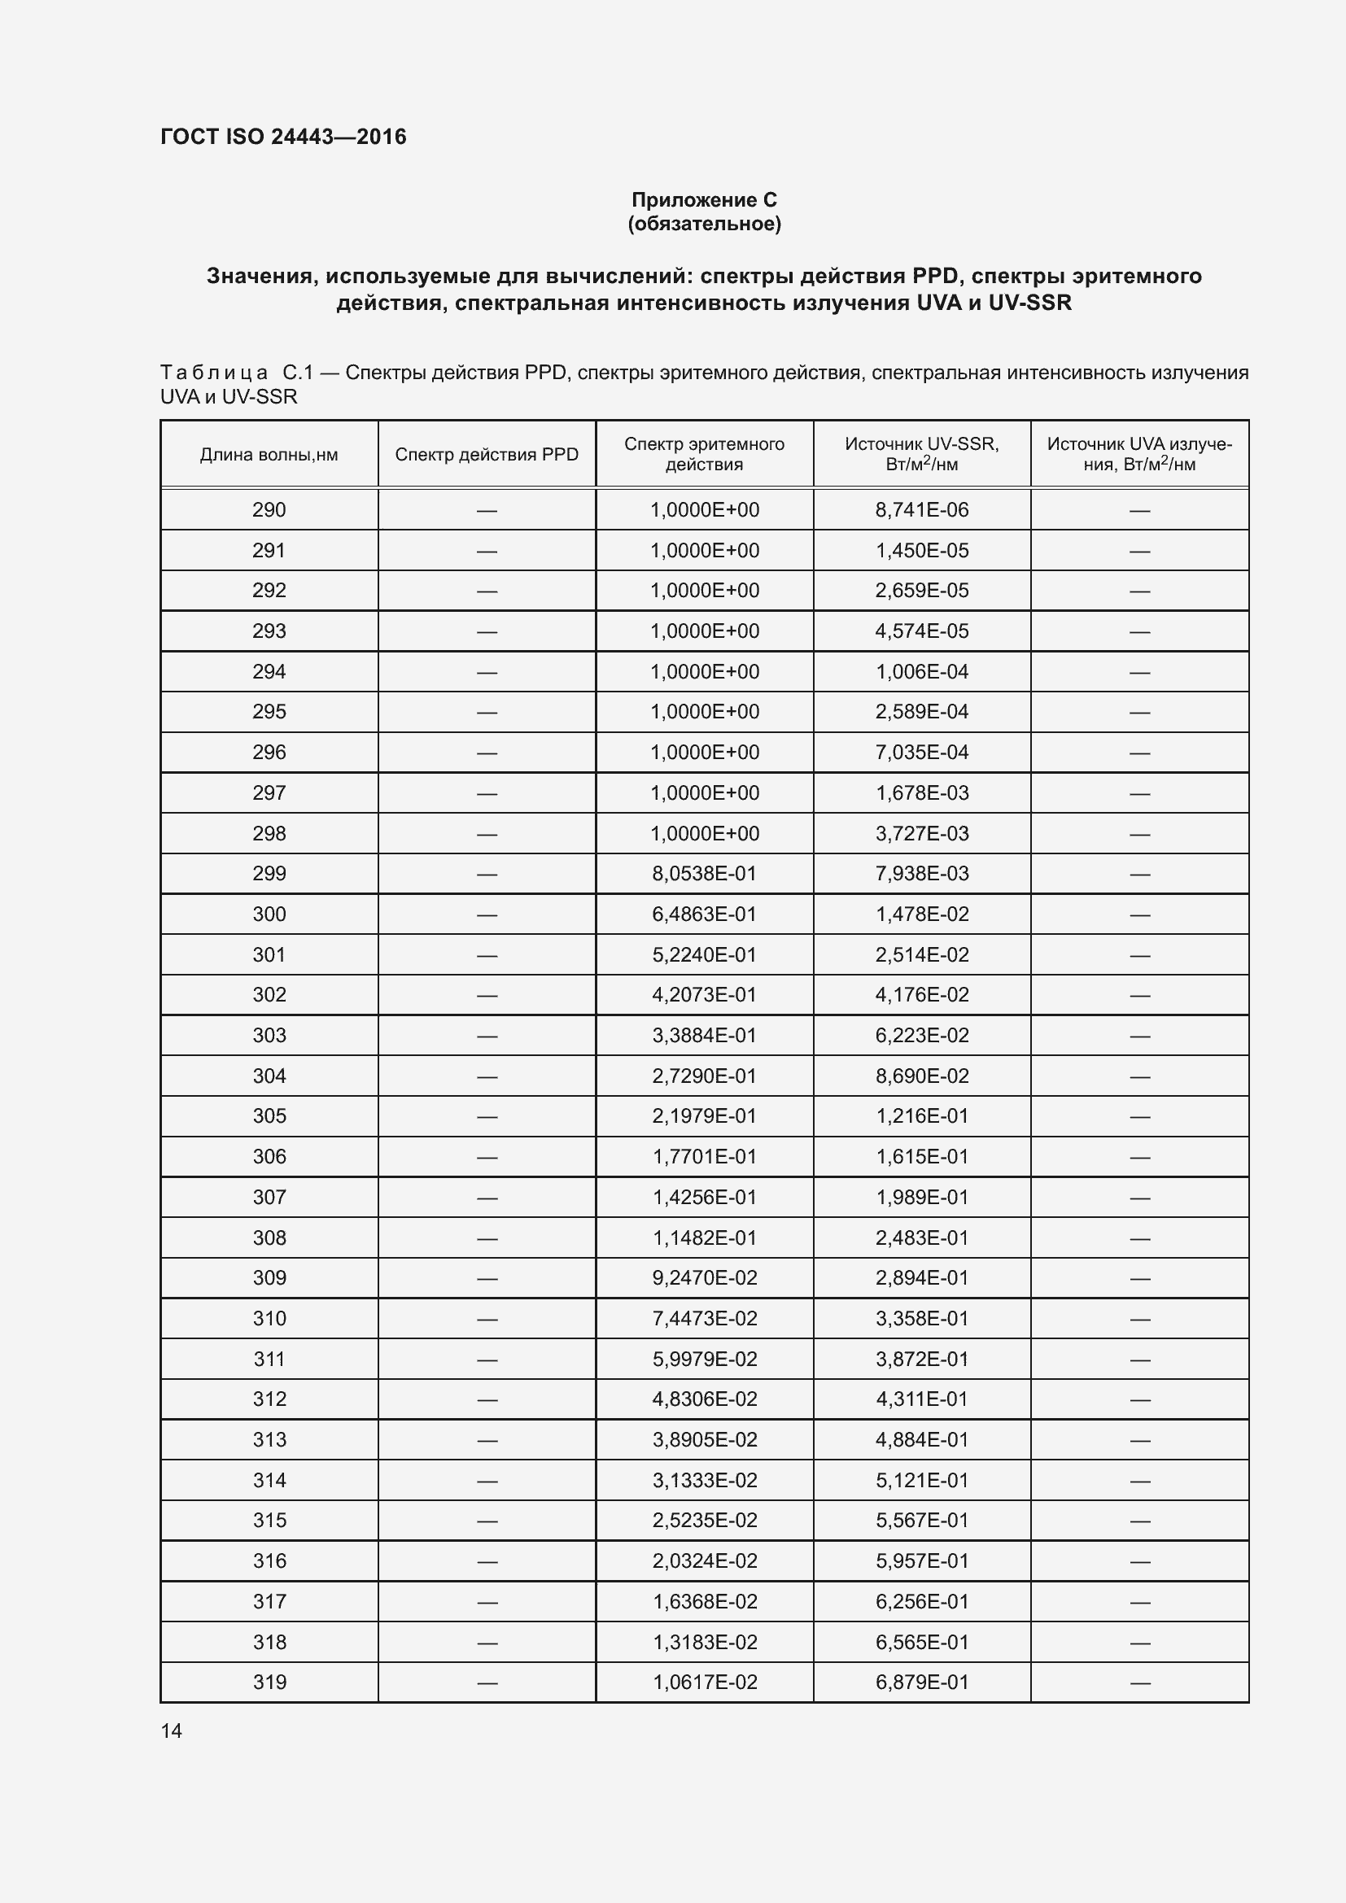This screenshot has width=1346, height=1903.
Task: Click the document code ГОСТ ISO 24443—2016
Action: point(282,137)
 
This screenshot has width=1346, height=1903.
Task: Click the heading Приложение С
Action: point(704,200)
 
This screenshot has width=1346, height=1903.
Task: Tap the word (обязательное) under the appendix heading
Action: point(704,224)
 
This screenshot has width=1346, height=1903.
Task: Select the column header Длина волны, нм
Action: point(269,454)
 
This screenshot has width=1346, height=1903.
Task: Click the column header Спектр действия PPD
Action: point(487,454)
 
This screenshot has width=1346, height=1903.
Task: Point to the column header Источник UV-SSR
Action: point(922,453)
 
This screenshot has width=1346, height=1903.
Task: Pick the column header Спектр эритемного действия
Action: point(704,453)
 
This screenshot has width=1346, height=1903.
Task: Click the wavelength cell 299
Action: point(269,874)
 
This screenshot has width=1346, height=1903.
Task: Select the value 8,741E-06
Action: point(922,510)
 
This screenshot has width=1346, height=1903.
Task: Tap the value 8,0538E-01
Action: point(704,874)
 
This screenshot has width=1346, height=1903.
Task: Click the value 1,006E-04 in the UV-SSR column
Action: point(922,671)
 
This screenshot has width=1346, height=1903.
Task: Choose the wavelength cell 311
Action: point(269,1360)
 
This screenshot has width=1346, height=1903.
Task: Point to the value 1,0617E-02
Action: point(704,1683)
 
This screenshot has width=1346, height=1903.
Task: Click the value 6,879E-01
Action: point(922,1683)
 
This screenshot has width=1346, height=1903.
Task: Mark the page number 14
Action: point(172,1731)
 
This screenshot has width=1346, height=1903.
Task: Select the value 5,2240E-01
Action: point(704,955)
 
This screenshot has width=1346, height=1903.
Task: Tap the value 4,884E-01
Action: point(922,1440)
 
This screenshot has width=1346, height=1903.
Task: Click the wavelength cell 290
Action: point(269,510)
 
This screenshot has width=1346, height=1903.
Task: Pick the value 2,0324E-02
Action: point(704,1560)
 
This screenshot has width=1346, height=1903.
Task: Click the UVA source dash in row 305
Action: point(1139,1116)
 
